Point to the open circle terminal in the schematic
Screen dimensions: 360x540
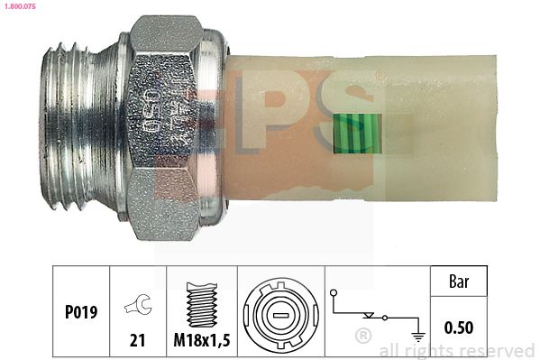(x=334, y=294)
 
